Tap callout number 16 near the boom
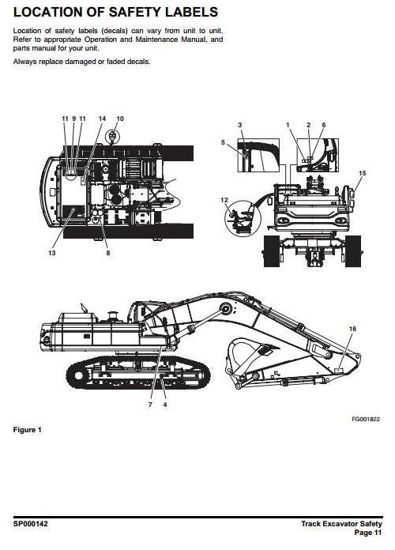(352, 329)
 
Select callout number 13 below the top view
(52, 253)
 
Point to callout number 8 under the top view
(108, 253)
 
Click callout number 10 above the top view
(120, 119)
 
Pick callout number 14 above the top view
(102, 119)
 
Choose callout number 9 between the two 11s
(74, 119)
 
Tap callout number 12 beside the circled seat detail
(224, 200)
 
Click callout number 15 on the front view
(363, 173)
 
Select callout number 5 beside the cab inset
(223, 142)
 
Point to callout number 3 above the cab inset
(240, 125)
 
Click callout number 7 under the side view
(150, 405)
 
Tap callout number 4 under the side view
(165, 405)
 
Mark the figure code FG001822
(366, 419)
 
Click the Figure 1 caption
(28, 430)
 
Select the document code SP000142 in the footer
(31, 524)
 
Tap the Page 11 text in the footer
(368, 533)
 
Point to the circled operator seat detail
(243, 218)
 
